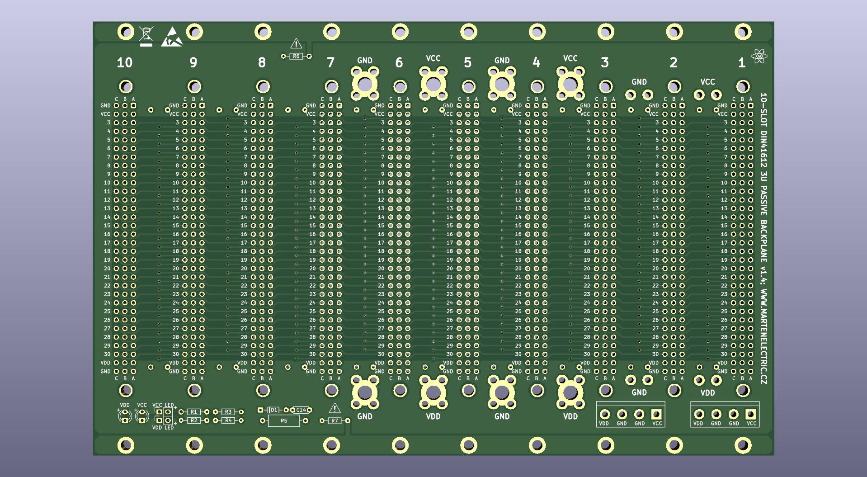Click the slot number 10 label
tap(124, 63)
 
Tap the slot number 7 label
tap(330, 63)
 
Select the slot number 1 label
tap(742, 63)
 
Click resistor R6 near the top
tap(296, 57)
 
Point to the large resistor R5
tap(283, 421)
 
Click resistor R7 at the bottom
tap(335, 421)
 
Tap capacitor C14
tap(301, 410)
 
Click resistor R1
tap(194, 412)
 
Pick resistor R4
tap(228, 420)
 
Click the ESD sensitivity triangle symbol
tap(172, 38)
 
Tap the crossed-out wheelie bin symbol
tap(146, 36)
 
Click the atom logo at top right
tap(759, 57)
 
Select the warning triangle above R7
tap(335, 408)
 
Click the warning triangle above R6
tap(296, 44)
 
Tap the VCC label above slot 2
tap(707, 82)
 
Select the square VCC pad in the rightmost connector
tap(751, 414)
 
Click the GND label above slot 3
tap(639, 82)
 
